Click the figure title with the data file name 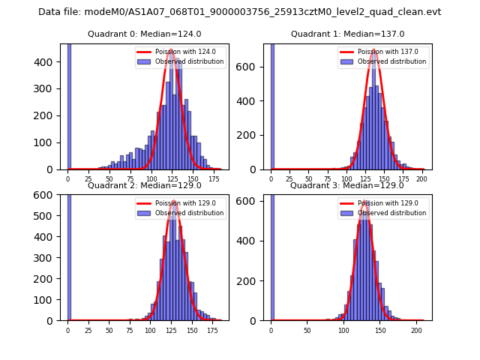(240, 12)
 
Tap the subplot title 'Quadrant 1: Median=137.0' (347, 34)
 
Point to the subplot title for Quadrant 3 (347, 185)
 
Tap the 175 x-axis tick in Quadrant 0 (214, 179)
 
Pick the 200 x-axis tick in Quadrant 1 (421, 179)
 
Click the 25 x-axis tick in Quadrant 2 (88, 330)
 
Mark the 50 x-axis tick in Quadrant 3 (307, 330)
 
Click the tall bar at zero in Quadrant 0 (69, 105)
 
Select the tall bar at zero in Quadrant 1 (272, 105)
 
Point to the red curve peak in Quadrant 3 (364, 202)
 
